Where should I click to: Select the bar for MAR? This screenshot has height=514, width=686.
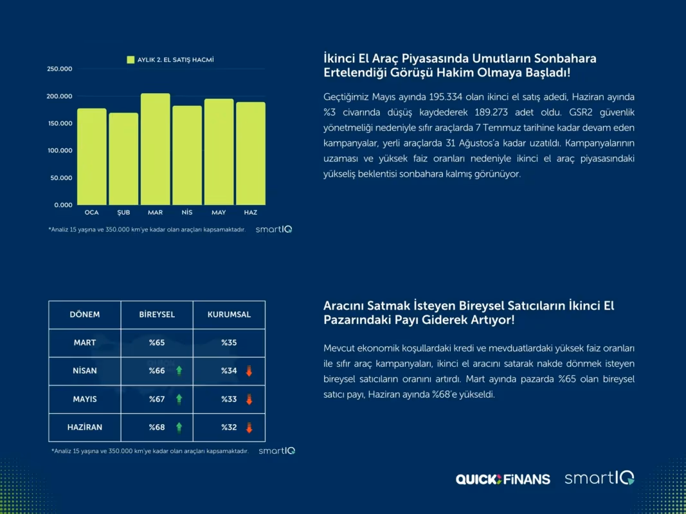156,149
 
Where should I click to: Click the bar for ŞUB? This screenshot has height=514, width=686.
123,159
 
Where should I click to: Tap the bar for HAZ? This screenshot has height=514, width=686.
251,154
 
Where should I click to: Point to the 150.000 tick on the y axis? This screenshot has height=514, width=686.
60,123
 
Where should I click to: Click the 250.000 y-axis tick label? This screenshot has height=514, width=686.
60,69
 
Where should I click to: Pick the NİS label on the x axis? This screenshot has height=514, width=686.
187,213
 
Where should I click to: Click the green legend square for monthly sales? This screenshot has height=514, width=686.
131,60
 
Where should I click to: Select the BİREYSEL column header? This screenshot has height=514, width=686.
157,315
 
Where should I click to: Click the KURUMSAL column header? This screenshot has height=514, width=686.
230,315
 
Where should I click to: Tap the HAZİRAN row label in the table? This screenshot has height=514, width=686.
85,427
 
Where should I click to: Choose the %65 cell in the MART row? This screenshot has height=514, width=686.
157,342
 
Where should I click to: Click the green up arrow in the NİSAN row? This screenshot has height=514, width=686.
179,371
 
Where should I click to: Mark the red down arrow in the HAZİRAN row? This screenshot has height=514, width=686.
249,427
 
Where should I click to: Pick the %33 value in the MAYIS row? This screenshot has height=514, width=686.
229,399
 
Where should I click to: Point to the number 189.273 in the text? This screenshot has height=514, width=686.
491,112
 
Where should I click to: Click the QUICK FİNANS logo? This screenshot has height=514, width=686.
503,479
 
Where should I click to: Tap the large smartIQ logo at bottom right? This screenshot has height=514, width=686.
599,478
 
